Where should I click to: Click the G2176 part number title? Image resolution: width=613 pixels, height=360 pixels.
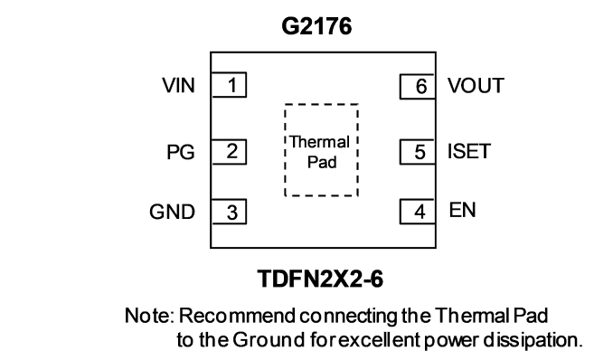(x=316, y=26)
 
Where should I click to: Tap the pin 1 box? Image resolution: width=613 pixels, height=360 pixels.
(x=229, y=84)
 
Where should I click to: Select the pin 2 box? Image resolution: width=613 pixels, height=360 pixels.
(x=229, y=152)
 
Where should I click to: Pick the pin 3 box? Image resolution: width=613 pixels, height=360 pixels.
(x=229, y=212)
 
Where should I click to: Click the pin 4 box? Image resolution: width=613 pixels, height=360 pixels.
(x=417, y=212)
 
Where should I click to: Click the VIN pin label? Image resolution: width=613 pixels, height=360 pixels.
(x=179, y=85)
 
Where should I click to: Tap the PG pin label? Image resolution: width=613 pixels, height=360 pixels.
(x=181, y=152)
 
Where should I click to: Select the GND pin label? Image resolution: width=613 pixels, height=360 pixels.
(x=172, y=212)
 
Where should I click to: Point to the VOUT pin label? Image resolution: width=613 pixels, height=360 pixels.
(x=476, y=86)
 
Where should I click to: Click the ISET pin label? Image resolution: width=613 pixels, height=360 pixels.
(x=468, y=151)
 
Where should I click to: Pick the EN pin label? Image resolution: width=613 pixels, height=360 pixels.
(x=463, y=210)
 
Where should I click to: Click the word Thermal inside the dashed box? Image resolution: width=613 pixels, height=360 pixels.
(x=320, y=142)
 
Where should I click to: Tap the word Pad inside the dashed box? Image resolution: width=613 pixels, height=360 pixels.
(x=322, y=162)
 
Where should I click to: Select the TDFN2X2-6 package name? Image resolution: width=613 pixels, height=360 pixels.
(x=320, y=279)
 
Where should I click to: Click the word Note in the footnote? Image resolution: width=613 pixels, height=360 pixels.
(x=149, y=316)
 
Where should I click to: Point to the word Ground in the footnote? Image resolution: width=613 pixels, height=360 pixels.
(x=269, y=340)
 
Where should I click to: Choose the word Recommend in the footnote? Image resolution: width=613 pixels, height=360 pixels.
(x=237, y=316)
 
